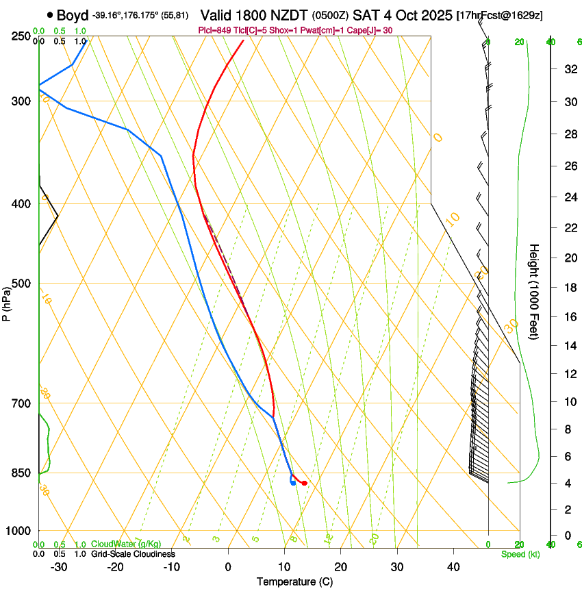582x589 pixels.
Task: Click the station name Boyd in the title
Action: (x=73, y=15)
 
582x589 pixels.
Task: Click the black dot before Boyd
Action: (x=50, y=15)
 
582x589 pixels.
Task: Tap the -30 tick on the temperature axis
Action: (x=59, y=567)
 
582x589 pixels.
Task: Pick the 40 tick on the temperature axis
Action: (x=453, y=567)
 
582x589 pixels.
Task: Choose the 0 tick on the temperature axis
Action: (x=228, y=567)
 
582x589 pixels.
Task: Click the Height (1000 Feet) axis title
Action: (x=535, y=291)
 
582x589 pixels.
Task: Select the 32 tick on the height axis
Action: (x=568, y=68)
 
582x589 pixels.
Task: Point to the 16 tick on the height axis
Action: (x=568, y=316)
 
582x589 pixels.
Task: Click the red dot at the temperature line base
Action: (x=305, y=484)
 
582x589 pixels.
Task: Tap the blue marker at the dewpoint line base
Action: (x=293, y=483)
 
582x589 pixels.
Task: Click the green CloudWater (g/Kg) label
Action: (x=127, y=544)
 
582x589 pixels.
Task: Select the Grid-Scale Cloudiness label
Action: (x=133, y=554)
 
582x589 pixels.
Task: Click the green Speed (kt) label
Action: (x=520, y=554)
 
